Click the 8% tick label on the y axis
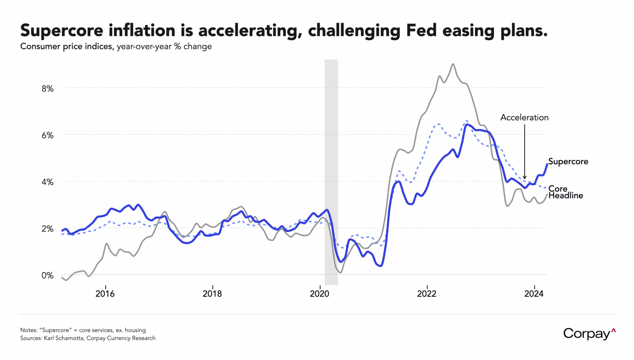[48, 89]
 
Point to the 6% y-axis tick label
[48, 135]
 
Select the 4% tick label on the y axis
[48, 182]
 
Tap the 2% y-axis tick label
[48, 229]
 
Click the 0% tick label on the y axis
[48, 276]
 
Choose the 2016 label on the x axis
[105, 294]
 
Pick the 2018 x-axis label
[212, 294]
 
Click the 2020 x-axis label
[320, 294]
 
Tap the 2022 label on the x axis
[427, 294]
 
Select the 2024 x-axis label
[534, 294]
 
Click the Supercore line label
[568, 162]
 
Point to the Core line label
[558, 189]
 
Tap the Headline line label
[566, 195]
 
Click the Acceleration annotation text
[524, 118]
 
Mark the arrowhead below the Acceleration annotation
[525, 177]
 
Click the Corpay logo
[589, 334]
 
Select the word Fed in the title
[421, 30]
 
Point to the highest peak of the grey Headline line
[453, 64]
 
